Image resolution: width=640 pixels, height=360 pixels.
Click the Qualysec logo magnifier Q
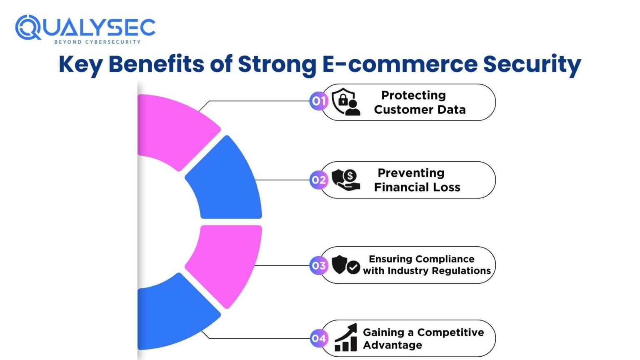[27, 27]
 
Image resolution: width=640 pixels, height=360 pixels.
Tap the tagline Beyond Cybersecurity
[97, 42]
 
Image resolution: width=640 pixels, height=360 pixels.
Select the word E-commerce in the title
[400, 64]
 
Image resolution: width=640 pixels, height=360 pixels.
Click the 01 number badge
[319, 101]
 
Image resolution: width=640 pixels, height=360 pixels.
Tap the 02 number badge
[319, 180]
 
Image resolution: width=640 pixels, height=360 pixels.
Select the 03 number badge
[319, 265]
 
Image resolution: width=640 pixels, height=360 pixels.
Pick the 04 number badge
[319, 338]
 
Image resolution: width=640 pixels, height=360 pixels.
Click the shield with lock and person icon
[346, 102]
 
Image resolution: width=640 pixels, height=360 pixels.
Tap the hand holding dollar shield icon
[346, 180]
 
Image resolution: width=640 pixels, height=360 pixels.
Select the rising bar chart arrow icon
[346, 338]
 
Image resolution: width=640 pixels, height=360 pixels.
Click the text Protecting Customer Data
[419, 102]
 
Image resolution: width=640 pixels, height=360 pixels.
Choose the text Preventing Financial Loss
[417, 180]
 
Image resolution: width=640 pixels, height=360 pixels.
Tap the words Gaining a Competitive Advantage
[423, 338]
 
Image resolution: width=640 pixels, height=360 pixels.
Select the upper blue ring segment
[227, 181]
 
